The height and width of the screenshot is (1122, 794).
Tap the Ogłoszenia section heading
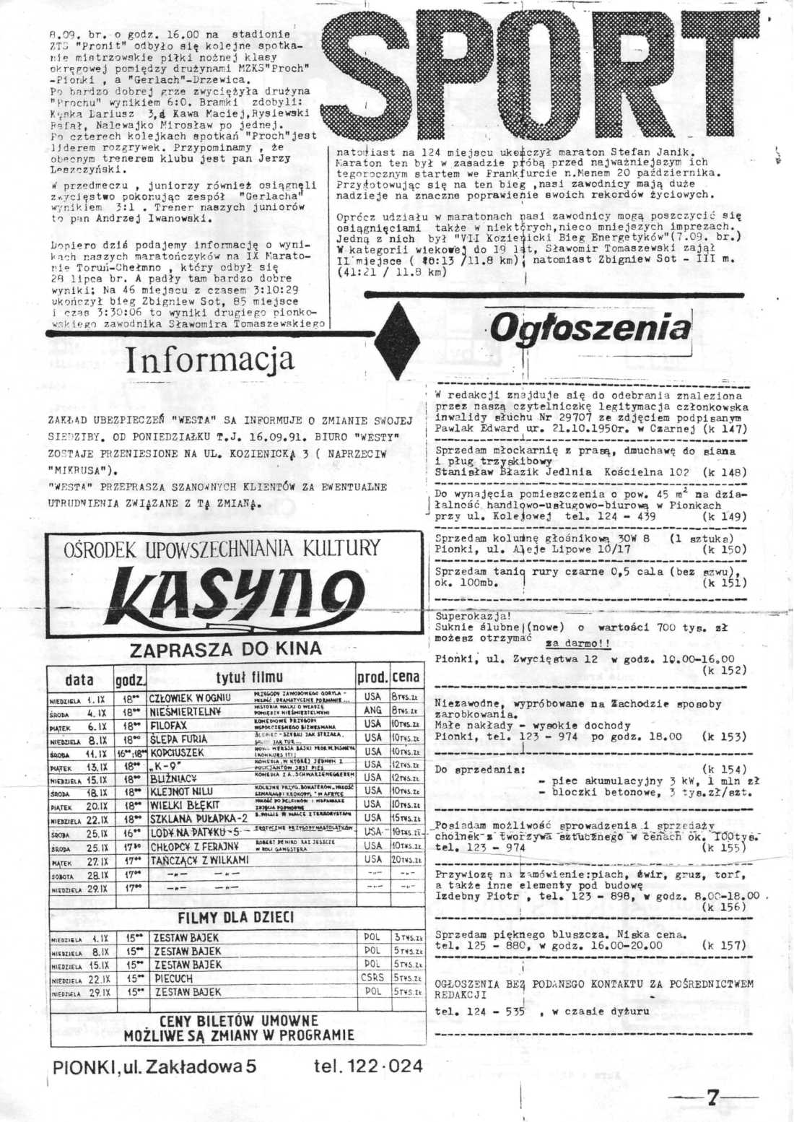click(x=590, y=328)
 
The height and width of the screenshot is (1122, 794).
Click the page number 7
click(x=712, y=1098)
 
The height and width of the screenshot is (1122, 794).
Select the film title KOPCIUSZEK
click(x=177, y=752)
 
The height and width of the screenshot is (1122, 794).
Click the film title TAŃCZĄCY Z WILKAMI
click(x=199, y=861)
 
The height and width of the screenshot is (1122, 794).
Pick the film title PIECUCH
click(x=173, y=978)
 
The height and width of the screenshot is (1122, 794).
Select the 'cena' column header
click(x=406, y=678)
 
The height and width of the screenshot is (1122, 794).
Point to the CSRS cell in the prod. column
click(x=372, y=978)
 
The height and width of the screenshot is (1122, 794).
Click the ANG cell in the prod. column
click(x=372, y=711)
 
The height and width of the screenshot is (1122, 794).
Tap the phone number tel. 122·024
click(x=368, y=1065)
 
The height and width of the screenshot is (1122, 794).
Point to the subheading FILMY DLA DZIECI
click(x=236, y=918)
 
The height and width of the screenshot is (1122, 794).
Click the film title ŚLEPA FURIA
click(x=178, y=739)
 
